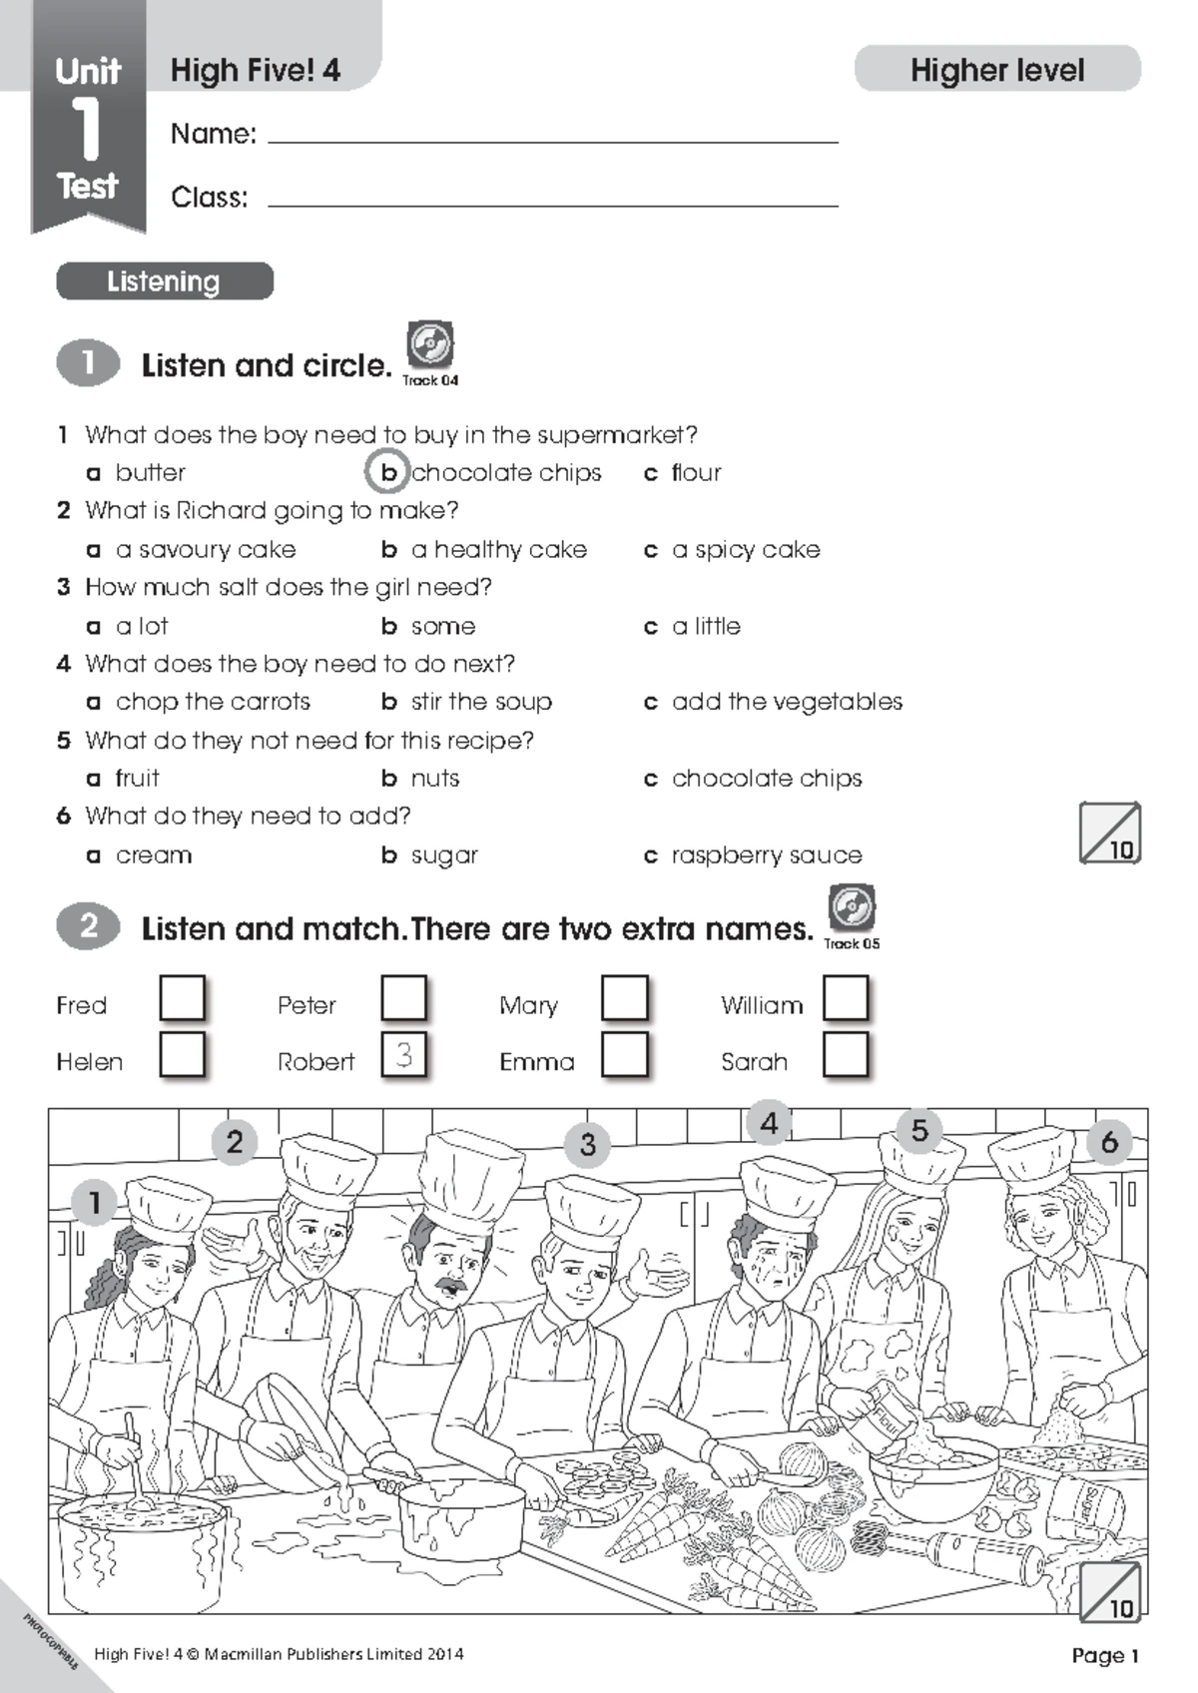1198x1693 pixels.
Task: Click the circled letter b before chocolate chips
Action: [x=387, y=472]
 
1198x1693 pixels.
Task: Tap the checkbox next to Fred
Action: [x=183, y=998]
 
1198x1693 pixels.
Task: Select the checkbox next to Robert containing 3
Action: [x=404, y=1054]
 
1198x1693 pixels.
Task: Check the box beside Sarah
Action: [x=846, y=1054]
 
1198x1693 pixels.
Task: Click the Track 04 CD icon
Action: [x=430, y=345]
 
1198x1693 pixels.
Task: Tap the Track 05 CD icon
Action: [x=852, y=908]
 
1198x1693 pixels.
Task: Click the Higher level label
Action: [x=997, y=70]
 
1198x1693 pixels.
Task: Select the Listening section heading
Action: [x=165, y=282]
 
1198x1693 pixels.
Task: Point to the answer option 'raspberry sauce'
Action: [x=766, y=855]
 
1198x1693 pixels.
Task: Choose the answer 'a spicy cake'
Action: [x=746, y=550]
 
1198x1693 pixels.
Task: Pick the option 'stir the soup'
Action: [x=481, y=702]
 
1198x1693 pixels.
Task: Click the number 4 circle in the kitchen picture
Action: [x=769, y=1123]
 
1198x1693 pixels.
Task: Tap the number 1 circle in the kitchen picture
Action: [x=95, y=1202]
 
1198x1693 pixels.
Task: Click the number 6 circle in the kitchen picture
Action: [x=1109, y=1141]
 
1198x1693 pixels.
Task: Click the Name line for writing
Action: [x=553, y=140]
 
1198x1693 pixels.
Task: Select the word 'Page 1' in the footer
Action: [x=1105, y=1655]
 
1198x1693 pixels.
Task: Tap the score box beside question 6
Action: [x=1109, y=833]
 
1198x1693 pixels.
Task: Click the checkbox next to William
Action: [x=846, y=998]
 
